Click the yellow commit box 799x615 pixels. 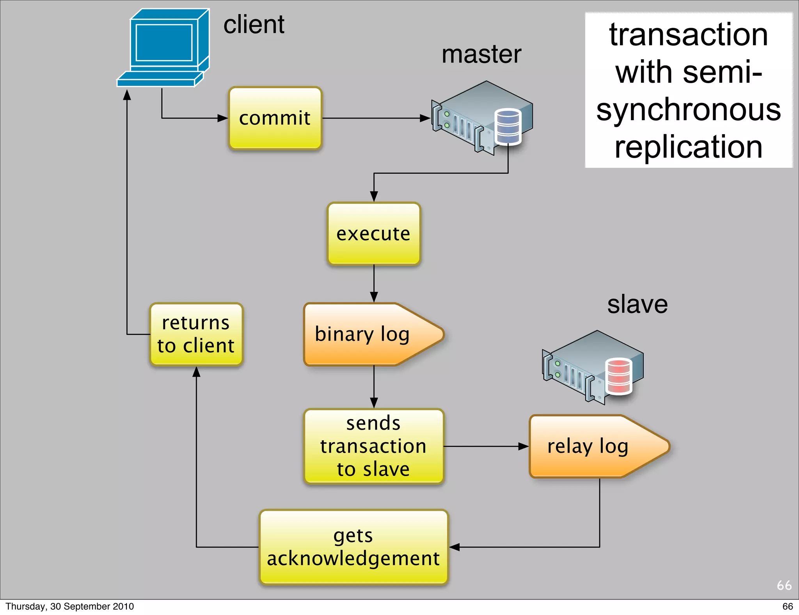[x=275, y=118]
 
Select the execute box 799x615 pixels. [x=373, y=234]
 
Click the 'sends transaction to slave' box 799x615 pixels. [x=373, y=446]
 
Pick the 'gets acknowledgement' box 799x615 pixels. [x=353, y=547]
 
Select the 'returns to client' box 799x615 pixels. [x=196, y=334]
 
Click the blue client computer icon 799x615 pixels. [x=164, y=47]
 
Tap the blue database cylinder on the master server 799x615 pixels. [x=508, y=126]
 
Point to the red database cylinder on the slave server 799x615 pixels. [x=618, y=376]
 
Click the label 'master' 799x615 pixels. [x=481, y=54]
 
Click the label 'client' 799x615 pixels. [x=254, y=25]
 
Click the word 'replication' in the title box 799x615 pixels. [x=689, y=147]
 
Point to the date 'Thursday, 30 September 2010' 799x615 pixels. [x=69, y=606]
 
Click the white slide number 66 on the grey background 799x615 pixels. [x=784, y=585]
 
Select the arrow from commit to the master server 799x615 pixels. [x=375, y=118]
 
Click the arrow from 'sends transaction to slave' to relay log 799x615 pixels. [x=486, y=446]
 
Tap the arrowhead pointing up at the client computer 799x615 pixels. [x=127, y=95]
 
